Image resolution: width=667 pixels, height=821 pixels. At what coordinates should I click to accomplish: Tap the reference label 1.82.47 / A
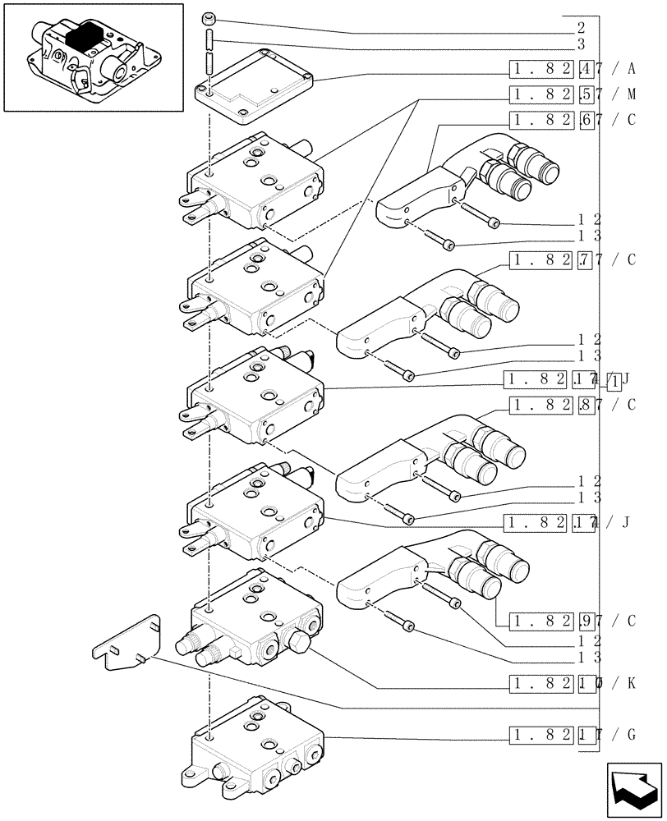(x=573, y=68)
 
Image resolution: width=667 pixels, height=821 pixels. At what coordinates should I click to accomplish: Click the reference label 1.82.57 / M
(x=573, y=94)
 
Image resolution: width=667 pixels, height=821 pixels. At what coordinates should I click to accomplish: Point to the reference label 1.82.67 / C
(x=573, y=120)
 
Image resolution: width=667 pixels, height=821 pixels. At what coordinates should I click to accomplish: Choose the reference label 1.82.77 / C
(x=573, y=261)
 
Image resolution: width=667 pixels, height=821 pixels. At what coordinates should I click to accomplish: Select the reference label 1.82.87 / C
(x=573, y=405)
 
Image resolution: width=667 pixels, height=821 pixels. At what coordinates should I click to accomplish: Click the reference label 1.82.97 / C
(x=573, y=621)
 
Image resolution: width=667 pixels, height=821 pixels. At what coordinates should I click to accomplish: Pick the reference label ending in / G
(x=573, y=734)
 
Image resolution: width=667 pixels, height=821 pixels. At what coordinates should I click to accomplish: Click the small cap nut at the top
(x=209, y=16)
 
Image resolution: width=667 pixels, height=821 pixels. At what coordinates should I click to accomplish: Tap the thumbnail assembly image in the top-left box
(x=93, y=57)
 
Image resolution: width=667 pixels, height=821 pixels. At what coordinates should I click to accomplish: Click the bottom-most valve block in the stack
(x=255, y=743)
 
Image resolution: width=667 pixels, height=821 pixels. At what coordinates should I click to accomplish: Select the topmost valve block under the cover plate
(x=255, y=182)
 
